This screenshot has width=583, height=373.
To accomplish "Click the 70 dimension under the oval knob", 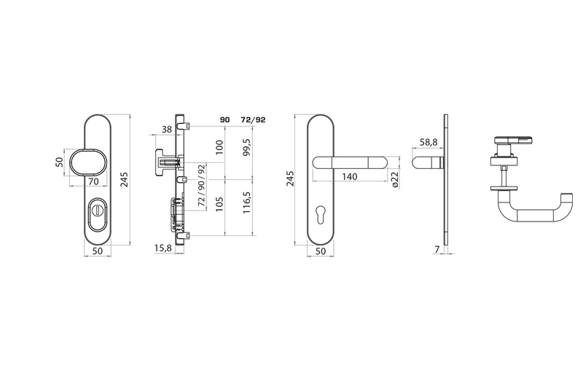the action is point(93,181).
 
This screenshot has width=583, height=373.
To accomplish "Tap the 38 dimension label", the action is point(167,129).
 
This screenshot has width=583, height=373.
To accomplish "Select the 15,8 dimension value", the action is point(163,248).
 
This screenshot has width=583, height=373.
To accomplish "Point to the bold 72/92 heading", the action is point(253,119).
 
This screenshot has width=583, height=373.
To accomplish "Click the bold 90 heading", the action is point(225,119).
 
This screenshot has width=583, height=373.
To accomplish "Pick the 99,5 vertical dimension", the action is point(247,147).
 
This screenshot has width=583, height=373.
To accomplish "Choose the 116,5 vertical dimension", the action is point(247,203).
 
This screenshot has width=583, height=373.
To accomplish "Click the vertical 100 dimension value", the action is point(220,147).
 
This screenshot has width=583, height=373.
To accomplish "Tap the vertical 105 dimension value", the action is point(220,204).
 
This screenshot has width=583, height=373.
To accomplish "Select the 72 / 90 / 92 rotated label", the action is point(202,185).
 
